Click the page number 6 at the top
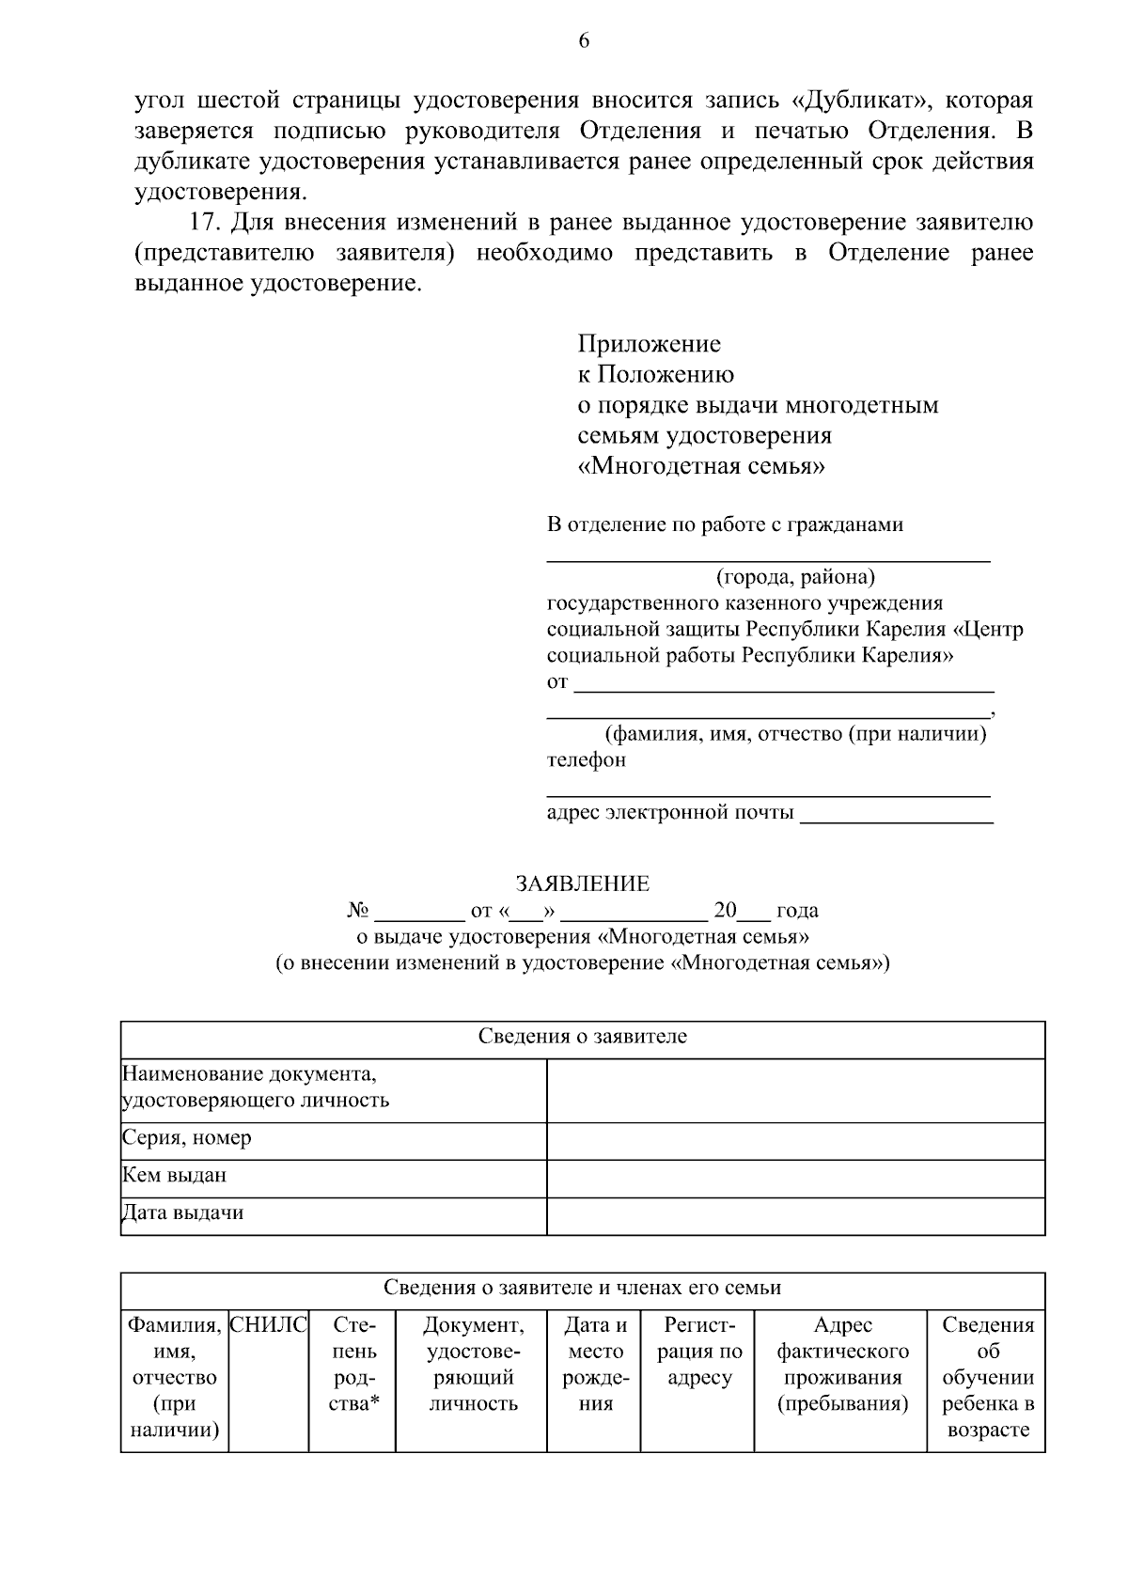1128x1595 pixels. tap(583, 40)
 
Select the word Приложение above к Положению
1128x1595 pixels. tap(649, 344)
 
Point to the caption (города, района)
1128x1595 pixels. tap(794, 575)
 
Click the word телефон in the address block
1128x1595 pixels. tap(586, 759)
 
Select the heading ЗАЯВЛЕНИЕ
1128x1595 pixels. tap(582, 884)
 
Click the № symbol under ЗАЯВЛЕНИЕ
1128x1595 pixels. tap(357, 911)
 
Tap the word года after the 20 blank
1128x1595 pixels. tap(797, 911)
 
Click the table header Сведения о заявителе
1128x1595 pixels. tap(582, 1037)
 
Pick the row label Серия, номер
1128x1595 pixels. tap(187, 1138)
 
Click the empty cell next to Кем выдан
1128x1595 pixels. tap(795, 1177)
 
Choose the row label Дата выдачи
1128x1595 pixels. tap(183, 1213)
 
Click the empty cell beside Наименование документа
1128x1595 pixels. tap(795, 1089)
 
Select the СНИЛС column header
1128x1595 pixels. tap(268, 1326)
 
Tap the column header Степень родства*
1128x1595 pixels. tap(353, 1365)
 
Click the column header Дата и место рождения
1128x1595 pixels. tap(594, 1365)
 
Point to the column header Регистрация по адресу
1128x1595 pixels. tap(698, 1352)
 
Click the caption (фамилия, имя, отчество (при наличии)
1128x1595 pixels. tap(794, 734)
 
